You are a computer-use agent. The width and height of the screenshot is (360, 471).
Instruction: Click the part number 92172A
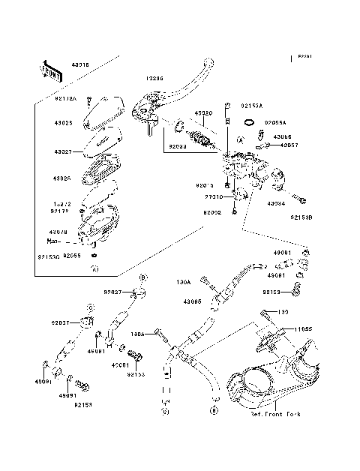(x=66, y=97)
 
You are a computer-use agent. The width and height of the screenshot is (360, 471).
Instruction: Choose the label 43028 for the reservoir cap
(x=63, y=122)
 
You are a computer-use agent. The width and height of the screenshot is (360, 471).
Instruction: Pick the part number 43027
(x=63, y=151)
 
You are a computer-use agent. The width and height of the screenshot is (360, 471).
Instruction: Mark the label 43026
(x=63, y=178)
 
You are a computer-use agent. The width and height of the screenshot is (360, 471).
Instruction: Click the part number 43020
(x=205, y=113)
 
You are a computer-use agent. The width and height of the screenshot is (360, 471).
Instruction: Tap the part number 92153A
(x=253, y=106)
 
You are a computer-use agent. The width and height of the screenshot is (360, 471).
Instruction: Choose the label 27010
(x=216, y=197)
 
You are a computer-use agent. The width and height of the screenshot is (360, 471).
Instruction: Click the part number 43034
(x=276, y=203)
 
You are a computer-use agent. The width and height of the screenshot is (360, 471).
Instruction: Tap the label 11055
(x=302, y=328)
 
